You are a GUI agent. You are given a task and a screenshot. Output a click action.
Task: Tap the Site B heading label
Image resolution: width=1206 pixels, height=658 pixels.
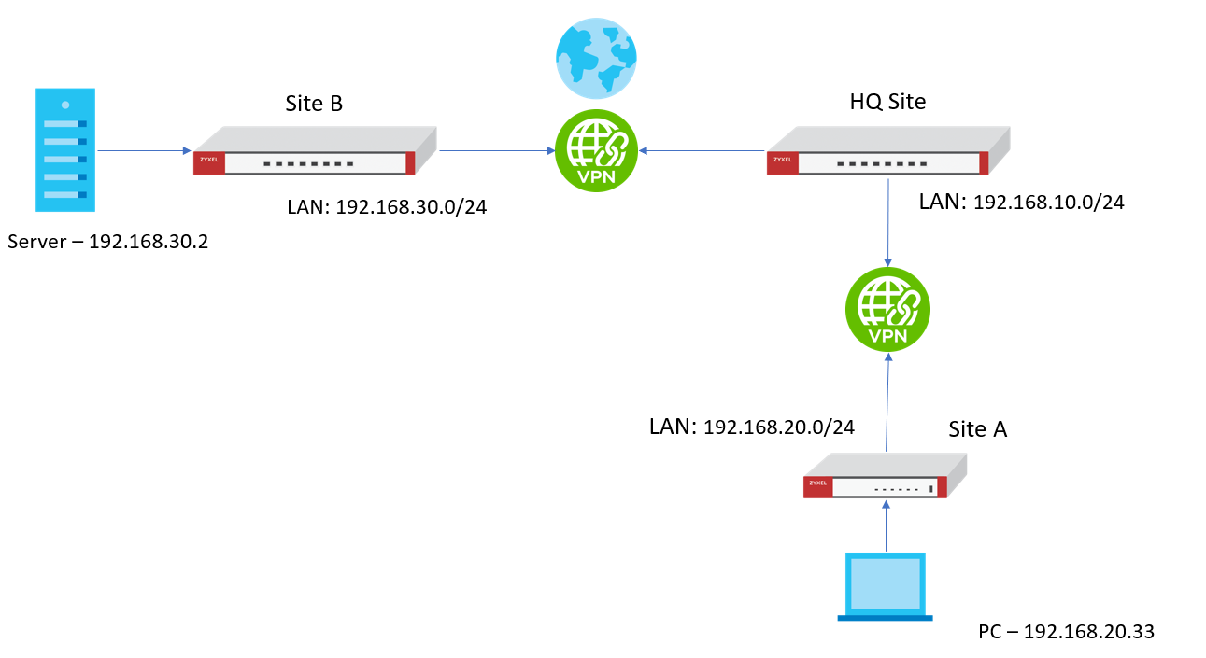(314, 104)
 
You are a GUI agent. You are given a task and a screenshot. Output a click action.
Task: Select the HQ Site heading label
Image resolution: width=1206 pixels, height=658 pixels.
(887, 102)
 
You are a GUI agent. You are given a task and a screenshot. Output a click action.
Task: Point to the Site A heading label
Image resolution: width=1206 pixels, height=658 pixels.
(977, 429)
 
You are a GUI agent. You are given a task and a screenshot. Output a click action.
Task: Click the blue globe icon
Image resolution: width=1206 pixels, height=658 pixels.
(596, 58)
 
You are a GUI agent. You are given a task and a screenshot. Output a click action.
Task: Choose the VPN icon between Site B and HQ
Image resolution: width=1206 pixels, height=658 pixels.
(596, 150)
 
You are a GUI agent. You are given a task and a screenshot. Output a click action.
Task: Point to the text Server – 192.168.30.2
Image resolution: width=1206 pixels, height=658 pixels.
(107, 243)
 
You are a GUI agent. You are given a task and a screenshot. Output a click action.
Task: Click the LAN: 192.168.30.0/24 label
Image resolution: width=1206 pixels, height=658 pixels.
(387, 207)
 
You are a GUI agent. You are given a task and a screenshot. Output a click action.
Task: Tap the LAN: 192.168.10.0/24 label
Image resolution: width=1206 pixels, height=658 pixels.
(1021, 202)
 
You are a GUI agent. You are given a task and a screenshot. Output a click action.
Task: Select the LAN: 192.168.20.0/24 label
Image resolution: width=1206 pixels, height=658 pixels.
(752, 427)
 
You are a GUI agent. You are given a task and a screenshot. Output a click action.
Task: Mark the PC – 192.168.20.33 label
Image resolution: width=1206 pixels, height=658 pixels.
(1066, 632)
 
